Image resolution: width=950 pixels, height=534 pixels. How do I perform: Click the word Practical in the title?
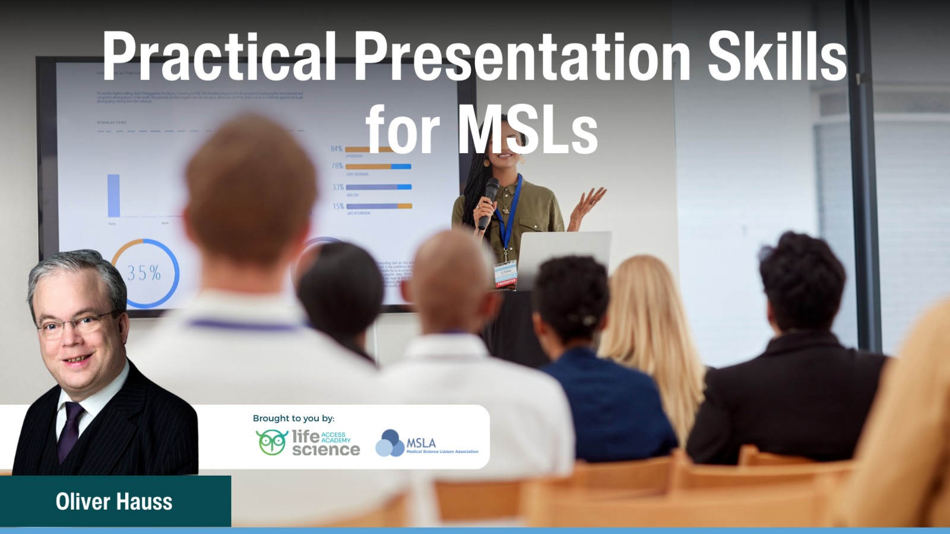point(220,56)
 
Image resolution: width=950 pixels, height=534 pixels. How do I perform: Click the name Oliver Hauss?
point(114,502)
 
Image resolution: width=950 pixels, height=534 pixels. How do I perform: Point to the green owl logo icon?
point(271,442)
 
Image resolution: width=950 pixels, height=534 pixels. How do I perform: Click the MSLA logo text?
point(421,443)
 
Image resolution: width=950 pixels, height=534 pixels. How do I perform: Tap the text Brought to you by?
point(293,418)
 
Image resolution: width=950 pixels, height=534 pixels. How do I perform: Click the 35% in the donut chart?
point(144,273)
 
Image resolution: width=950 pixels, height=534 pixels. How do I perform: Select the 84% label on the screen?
point(337,148)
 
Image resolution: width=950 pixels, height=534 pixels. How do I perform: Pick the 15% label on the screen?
point(338,206)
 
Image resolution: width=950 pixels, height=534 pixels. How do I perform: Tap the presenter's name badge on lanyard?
point(505,274)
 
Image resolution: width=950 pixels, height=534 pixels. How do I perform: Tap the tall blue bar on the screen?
point(113,195)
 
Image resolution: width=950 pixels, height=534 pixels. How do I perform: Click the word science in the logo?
point(325,450)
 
